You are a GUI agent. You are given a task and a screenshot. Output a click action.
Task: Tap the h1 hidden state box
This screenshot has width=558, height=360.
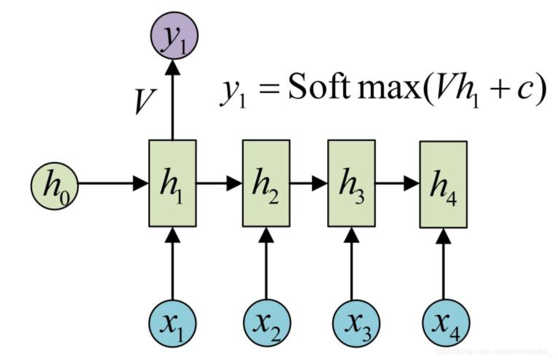[x=172, y=183]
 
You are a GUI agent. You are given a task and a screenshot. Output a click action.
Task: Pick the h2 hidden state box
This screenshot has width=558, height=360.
[x=266, y=183]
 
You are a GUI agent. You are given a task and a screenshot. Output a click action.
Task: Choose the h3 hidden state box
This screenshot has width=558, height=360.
[x=351, y=183]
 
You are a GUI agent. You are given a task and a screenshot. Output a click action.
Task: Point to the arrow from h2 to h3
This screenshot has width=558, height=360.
[x=309, y=183]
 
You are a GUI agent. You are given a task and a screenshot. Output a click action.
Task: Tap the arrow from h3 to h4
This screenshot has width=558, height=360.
[x=397, y=183]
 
